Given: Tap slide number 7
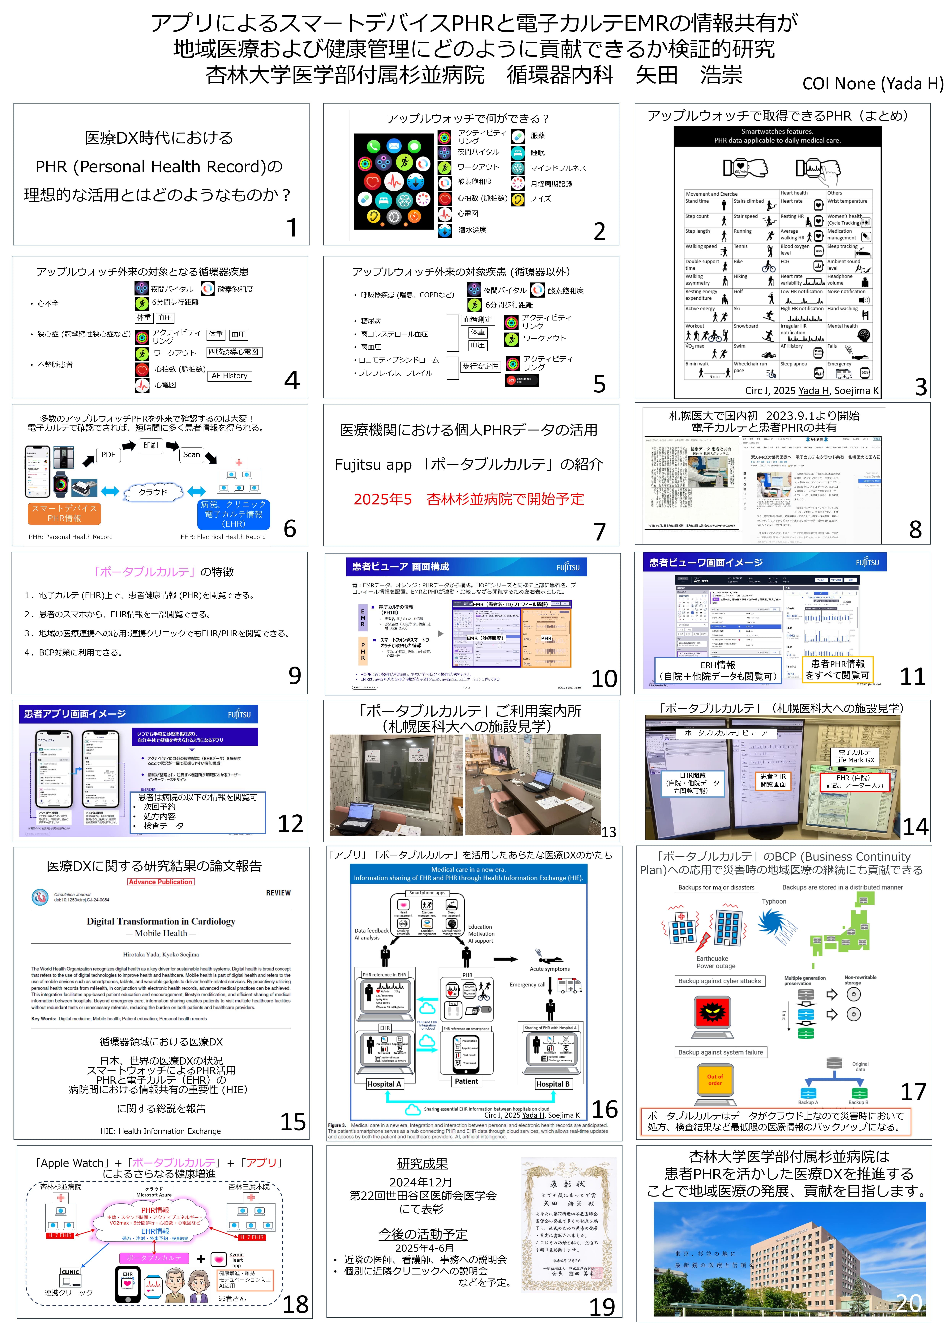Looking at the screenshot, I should click(600, 532).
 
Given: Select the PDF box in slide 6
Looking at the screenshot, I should click(108, 454).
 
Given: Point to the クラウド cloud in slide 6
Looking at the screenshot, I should click(153, 492).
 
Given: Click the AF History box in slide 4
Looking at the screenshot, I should click(230, 376).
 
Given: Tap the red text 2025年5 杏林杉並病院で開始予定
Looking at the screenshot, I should click(469, 499).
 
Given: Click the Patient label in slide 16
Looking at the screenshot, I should click(466, 1081).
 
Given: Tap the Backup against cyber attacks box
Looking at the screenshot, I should click(719, 981).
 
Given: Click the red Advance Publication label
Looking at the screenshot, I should click(161, 882).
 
